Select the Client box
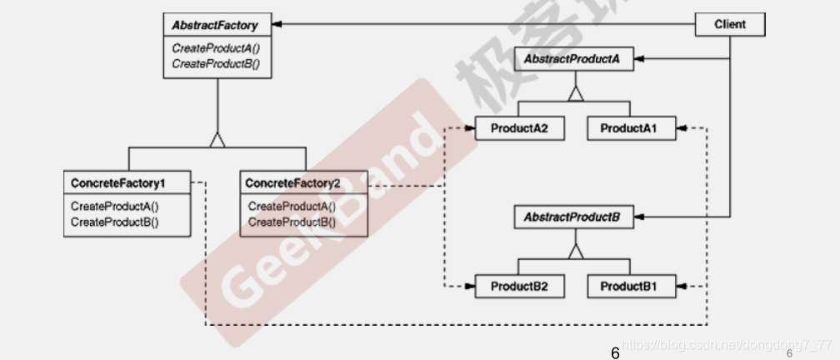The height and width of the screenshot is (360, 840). click(729, 24)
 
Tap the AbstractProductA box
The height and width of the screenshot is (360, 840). click(571, 60)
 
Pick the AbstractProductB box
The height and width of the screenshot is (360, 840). click(571, 218)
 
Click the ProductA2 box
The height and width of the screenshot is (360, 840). click(517, 129)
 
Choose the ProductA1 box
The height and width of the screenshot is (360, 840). click(628, 129)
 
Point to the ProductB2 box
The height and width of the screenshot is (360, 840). click(517, 287)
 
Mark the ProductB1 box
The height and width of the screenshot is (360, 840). click(628, 287)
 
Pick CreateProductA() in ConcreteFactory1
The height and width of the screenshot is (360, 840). click(115, 207)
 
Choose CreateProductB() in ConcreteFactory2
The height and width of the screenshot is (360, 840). click(292, 222)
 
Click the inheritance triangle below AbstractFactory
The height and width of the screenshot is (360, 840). click(217, 140)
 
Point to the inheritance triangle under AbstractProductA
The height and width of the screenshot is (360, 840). click(573, 94)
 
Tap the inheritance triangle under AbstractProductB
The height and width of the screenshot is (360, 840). click(573, 251)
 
